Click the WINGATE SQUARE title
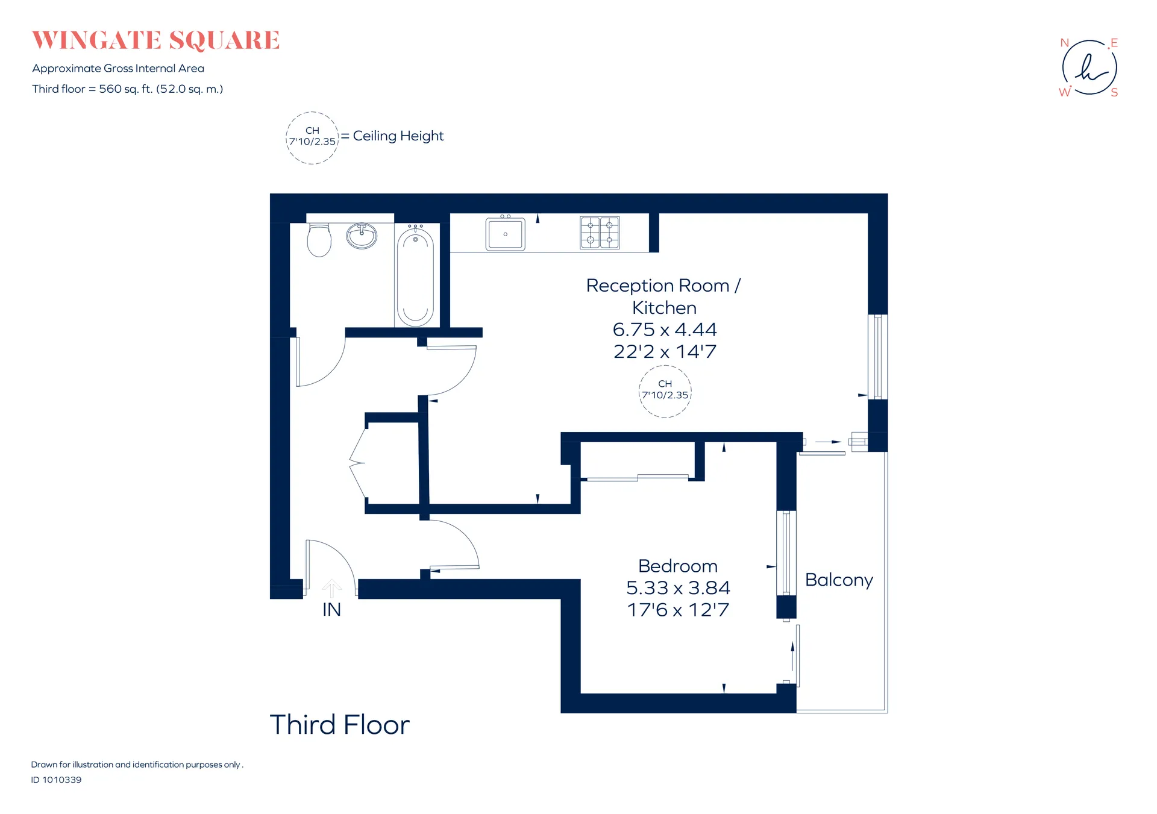[x=155, y=40]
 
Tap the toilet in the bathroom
[x=319, y=240]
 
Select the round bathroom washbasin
[x=362, y=236]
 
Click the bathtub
[x=415, y=276]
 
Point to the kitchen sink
[x=506, y=233]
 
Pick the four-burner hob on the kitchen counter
[x=600, y=233]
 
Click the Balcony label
[x=839, y=580]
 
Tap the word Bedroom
[x=678, y=566]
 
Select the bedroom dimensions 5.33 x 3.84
[x=678, y=587]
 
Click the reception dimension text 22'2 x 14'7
[x=665, y=351]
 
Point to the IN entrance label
[x=331, y=610]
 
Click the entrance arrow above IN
[x=331, y=589]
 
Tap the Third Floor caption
[x=339, y=724]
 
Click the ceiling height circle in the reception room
[x=665, y=392]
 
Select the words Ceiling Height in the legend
[x=398, y=136]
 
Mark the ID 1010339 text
[x=56, y=780]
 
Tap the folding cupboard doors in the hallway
[x=358, y=463]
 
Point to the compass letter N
[x=1064, y=43]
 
